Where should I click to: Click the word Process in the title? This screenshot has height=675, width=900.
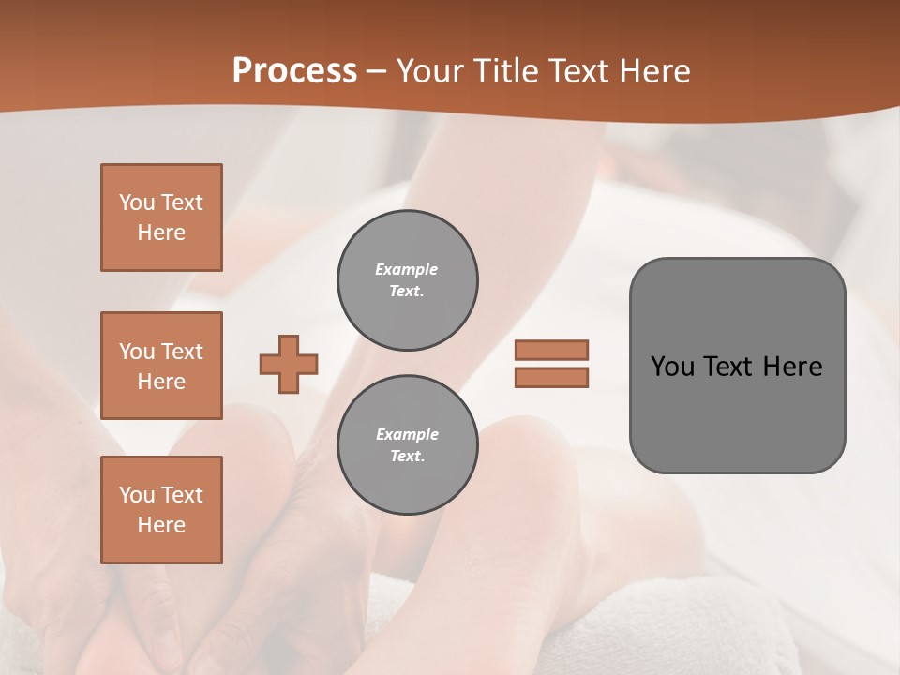[x=294, y=71]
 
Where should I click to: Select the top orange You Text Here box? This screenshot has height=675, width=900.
[x=161, y=217]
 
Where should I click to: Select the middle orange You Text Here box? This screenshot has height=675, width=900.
[x=161, y=366]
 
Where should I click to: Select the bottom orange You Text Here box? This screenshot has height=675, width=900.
[x=161, y=510]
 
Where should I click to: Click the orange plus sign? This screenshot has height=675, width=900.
[x=289, y=364]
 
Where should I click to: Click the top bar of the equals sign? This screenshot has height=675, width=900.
[x=551, y=350]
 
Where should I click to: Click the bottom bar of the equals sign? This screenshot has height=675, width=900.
[x=551, y=377]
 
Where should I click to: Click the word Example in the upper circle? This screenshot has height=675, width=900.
[x=407, y=269]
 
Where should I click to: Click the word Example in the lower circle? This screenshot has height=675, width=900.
[x=407, y=434]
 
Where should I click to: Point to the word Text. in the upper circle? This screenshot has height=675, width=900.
[x=407, y=291]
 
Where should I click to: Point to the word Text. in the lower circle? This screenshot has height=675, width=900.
[x=407, y=456]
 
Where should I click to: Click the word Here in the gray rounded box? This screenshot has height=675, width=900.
[x=792, y=367]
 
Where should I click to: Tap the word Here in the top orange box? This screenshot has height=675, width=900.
[x=161, y=232]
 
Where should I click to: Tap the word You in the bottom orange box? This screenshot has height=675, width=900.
[x=137, y=495]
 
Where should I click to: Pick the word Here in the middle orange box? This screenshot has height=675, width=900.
[x=161, y=382]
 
